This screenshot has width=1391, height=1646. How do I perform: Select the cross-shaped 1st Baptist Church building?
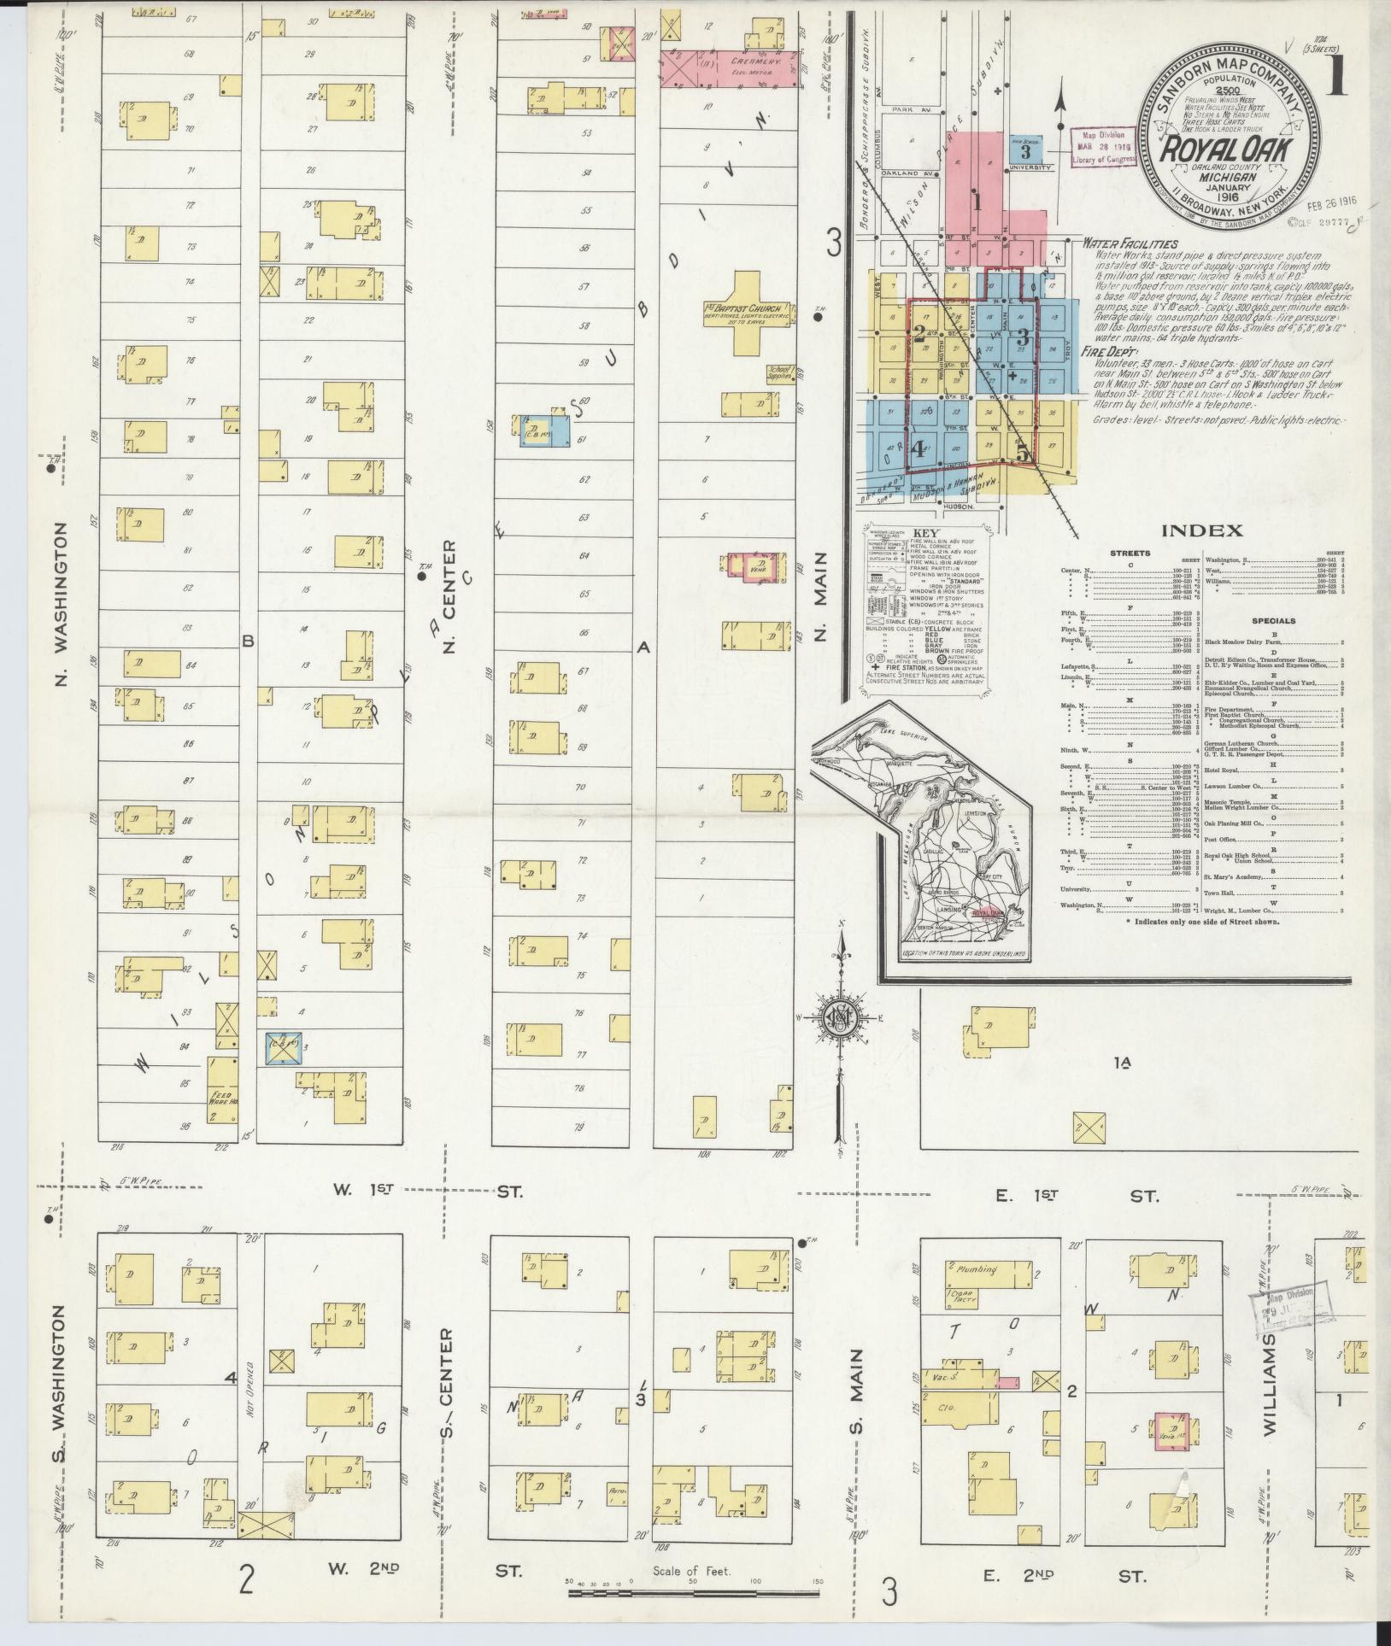748,313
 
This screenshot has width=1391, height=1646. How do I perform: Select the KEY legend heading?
925,534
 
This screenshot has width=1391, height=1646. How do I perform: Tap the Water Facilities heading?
1129,244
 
